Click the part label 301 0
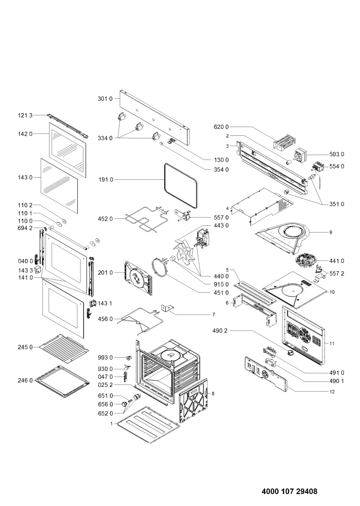click(105, 99)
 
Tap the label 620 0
click(221, 127)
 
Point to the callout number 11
click(332, 343)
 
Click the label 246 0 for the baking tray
click(25, 381)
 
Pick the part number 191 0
click(106, 180)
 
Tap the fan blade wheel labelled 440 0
click(184, 251)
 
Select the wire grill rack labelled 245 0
click(64, 349)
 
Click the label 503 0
click(337, 154)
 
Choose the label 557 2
click(337, 273)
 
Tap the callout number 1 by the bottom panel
click(111, 424)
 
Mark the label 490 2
click(220, 331)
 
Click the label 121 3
click(25, 115)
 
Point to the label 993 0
click(105, 358)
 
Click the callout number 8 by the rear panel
click(213, 394)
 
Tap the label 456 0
click(105, 319)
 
